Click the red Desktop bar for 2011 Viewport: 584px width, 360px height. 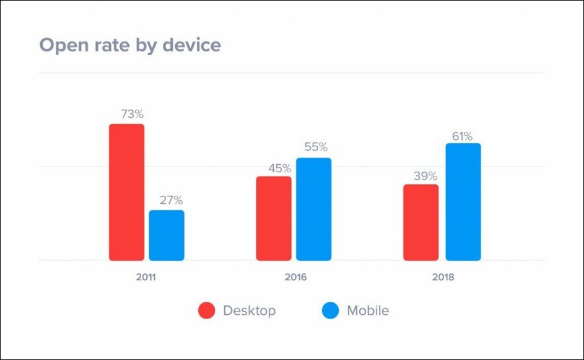pyautogui.click(x=126, y=192)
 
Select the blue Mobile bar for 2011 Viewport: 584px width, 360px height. pyautogui.click(x=167, y=235)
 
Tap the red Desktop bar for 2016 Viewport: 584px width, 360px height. pyautogui.click(x=274, y=218)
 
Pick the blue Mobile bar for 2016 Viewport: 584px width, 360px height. pyautogui.click(x=313, y=209)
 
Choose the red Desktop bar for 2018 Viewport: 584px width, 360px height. pyautogui.click(x=421, y=222)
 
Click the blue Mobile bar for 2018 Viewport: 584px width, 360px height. pyautogui.click(x=463, y=202)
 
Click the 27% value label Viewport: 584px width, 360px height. pyautogui.click(x=170, y=200)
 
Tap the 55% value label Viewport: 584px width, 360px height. pyautogui.click(x=316, y=147)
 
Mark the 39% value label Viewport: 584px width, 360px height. pyautogui.click(x=425, y=175)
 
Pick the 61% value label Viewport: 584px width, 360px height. pyautogui.click(x=462, y=136)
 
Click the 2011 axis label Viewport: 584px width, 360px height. pyautogui.click(x=146, y=277)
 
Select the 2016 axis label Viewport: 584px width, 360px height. pyautogui.click(x=295, y=277)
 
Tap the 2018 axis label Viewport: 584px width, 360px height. pyautogui.click(x=443, y=277)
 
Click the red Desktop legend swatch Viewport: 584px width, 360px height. pyautogui.click(x=206, y=311)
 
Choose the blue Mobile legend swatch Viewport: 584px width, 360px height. pyautogui.click(x=331, y=311)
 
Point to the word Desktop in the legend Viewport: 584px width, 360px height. pyautogui.click(x=249, y=311)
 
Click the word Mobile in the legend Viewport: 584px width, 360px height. pyautogui.click(x=368, y=311)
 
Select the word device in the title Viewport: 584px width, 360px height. pyautogui.click(x=193, y=45)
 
